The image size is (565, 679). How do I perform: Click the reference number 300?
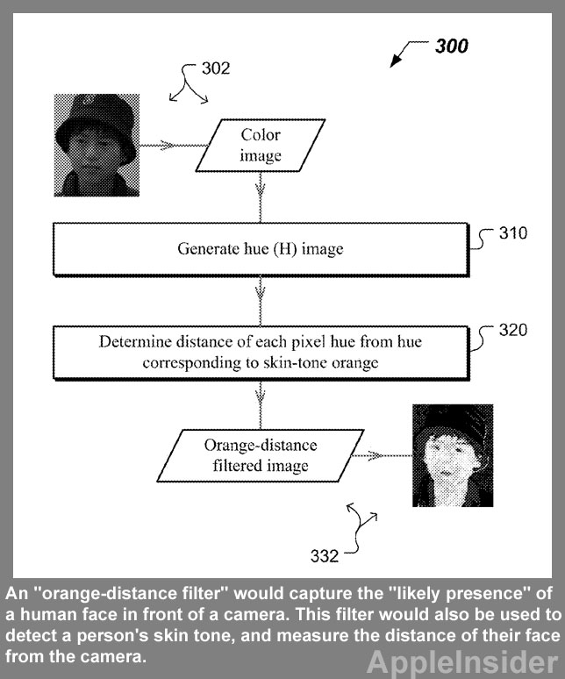452,46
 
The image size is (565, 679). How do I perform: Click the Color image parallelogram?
260,146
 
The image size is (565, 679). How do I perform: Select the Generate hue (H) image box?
260,249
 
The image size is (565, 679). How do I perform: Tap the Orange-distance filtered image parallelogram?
260,454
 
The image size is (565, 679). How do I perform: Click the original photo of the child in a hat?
96,146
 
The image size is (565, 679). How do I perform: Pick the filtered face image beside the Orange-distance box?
452,454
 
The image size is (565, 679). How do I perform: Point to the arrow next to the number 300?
404,55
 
